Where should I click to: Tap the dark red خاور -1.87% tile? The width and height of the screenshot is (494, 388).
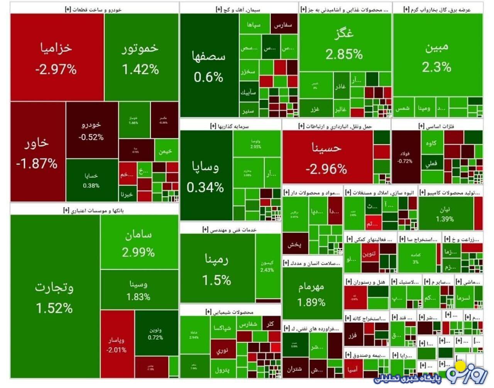(37, 151)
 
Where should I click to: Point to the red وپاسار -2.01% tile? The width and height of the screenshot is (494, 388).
(117, 344)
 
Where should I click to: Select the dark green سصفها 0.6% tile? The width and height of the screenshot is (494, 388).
(209, 66)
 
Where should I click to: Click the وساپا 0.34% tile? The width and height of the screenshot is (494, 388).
(206, 176)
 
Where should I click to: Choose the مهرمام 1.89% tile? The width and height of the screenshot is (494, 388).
(311, 293)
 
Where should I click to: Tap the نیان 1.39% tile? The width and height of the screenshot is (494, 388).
(445, 214)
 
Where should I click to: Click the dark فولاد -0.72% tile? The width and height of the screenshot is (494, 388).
(405, 157)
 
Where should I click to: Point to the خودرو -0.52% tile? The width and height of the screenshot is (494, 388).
(91, 130)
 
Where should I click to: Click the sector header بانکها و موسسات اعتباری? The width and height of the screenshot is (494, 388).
(94, 210)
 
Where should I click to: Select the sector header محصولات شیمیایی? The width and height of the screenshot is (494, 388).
(230, 312)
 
